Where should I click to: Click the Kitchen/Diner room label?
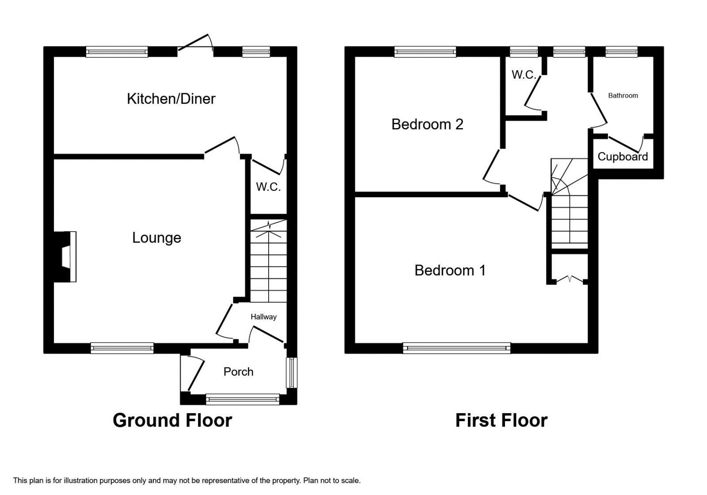[171, 99]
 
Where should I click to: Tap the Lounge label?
[156, 238]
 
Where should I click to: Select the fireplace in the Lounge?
[65, 257]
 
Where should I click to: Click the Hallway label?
[263, 316]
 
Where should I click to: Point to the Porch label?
[238, 372]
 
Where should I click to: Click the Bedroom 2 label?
[427, 124]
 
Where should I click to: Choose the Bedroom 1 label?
[450, 270]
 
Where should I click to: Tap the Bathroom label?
[623, 95]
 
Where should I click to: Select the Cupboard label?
[623, 156]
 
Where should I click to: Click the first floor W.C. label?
[524, 75]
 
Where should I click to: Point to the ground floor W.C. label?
[268, 187]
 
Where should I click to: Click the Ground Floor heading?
[172, 420]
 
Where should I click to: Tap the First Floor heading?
[501, 420]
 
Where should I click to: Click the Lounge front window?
[122, 348]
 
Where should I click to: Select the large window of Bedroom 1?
[457, 348]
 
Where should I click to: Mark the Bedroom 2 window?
[425, 52]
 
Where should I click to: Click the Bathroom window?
[621, 52]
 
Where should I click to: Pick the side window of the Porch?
[291, 373]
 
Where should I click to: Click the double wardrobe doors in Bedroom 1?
[570, 279]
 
